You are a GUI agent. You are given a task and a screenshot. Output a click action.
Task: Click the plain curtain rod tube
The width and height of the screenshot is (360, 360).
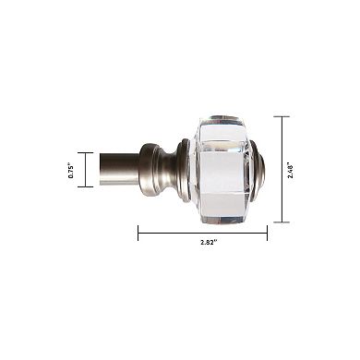click(x=120, y=170)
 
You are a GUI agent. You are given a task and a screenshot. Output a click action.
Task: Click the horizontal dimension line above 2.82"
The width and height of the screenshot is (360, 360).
click(x=202, y=232)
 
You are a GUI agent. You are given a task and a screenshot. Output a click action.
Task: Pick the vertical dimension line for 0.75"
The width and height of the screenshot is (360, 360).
click(x=86, y=170)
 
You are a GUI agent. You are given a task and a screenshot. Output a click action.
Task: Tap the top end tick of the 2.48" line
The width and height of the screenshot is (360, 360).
click(x=282, y=116)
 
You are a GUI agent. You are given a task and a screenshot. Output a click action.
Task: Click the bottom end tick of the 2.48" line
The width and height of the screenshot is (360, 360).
click(x=282, y=222)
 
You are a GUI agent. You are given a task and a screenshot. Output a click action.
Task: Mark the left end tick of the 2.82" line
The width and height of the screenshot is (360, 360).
click(x=138, y=232)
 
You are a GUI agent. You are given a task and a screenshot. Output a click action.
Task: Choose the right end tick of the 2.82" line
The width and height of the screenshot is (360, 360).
click(x=267, y=232)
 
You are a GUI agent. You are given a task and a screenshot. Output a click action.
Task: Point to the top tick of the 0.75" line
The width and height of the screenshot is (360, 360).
click(x=86, y=153)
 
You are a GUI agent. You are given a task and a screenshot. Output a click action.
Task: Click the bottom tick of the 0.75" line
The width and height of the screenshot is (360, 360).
click(x=86, y=186)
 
